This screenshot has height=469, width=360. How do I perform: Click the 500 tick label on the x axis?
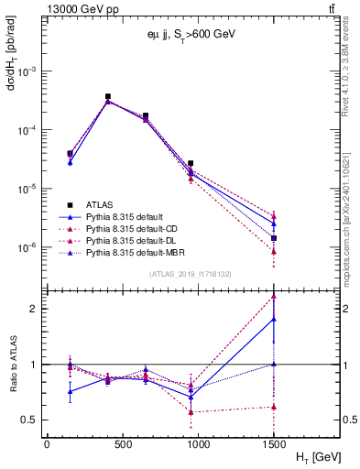(113, 442)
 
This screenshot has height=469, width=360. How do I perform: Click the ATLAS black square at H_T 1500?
(273, 238)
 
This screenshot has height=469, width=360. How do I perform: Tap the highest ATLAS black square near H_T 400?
(108, 96)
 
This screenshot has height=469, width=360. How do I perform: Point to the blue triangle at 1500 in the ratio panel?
(273, 319)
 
